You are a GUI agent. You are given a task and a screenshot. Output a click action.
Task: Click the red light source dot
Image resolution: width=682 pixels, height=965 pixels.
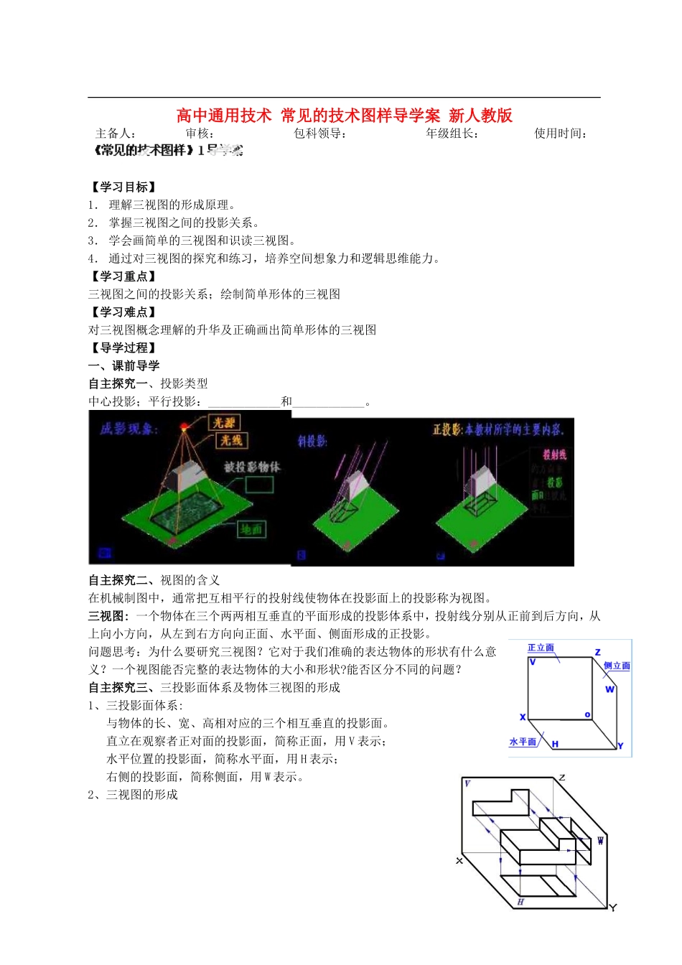click(184, 428)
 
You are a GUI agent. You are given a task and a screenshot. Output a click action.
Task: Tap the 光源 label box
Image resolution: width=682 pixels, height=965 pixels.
click(224, 423)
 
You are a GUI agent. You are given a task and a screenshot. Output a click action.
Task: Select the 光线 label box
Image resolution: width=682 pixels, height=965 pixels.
click(231, 440)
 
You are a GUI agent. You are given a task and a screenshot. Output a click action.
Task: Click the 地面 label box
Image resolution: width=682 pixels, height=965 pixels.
click(251, 529)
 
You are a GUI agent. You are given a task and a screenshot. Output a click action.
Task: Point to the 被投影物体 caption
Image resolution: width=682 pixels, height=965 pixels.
click(252, 467)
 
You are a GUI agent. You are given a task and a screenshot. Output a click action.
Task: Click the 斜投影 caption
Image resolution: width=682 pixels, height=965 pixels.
click(312, 441)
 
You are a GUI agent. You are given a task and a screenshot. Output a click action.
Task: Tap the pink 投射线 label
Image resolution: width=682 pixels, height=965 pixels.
click(554, 454)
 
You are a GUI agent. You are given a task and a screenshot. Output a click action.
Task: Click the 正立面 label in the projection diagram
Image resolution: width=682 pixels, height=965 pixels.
click(541, 648)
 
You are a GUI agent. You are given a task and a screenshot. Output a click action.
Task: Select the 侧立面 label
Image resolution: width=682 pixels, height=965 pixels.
click(617, 666)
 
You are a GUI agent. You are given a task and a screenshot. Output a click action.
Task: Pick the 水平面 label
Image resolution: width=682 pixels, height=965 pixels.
click(523, 742)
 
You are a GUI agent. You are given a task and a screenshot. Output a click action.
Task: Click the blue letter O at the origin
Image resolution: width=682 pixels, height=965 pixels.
click(587, 715)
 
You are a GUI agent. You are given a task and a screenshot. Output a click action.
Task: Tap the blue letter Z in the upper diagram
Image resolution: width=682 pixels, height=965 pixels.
click(597, 652)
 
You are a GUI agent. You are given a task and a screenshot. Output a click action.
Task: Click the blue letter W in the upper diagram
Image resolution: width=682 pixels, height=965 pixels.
click(609, 689)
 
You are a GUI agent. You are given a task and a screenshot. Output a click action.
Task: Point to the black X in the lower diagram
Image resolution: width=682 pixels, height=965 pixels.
click(459, 860)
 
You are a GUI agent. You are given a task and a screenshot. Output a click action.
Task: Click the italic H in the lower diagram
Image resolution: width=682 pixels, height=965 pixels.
click(520, 902)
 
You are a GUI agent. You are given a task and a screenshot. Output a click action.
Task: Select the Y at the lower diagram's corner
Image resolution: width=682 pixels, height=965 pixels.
click(613, 908)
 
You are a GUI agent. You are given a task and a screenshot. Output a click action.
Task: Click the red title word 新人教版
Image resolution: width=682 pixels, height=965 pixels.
click(480, 116)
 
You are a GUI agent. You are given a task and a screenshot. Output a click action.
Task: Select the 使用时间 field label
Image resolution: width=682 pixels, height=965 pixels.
click(560, 134)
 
